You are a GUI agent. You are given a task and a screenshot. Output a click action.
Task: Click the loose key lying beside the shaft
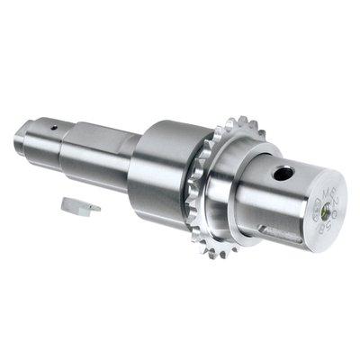click(78, 206)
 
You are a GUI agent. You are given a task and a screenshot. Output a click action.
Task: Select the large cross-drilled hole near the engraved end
click(283, 173)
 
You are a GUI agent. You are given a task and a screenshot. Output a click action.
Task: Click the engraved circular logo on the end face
click(318, 212)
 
